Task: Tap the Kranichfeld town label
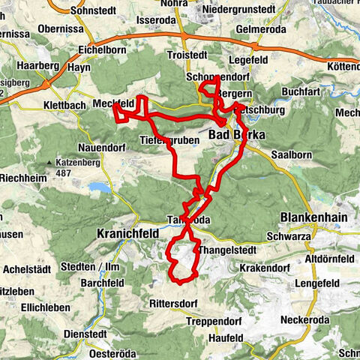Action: (128, 234)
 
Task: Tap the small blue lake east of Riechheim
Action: (98, 186)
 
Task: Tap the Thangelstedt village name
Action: (229, 250)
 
